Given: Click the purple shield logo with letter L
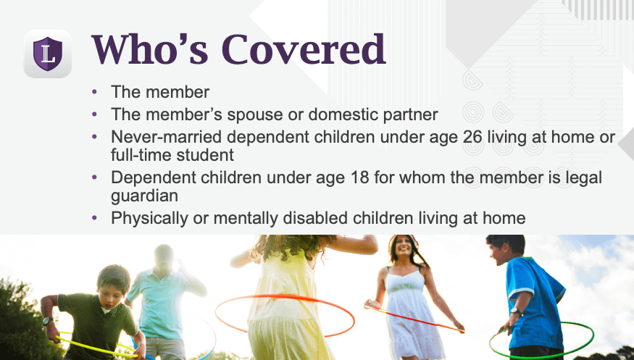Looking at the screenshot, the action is click(x=48, y=54).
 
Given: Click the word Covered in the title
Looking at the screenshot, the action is click(x=304, y=49).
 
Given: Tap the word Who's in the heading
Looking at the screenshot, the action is click(x=150, y=49).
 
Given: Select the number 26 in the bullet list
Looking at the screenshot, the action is click(x=472, y=137).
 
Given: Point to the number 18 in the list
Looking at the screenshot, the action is click(x=360, y=177).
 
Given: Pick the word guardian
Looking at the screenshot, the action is click(x=144, y=196).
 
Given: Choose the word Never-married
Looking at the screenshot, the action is click(x=166, y=137).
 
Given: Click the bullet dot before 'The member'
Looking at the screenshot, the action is click(x=95, y=92).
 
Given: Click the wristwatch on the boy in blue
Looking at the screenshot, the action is click(x=515, y=311).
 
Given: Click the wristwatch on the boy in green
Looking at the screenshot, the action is click(x=48, y=321).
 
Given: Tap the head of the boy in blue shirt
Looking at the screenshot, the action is click(x=506, y=248).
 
